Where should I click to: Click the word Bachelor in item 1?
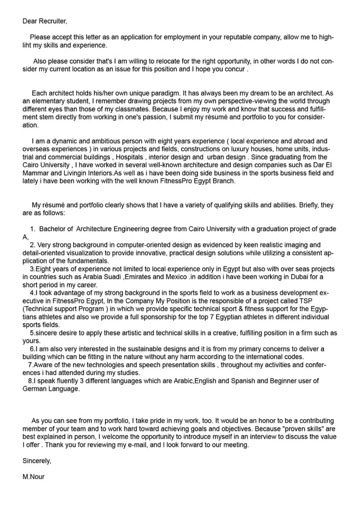pyautogui.click(x=56, y=229)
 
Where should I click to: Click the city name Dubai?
pyautogui.click(x=291, y=277)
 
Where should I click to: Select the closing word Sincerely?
pyautogui.click(x=37, y=461)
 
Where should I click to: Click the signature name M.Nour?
pyautogui.click(x=33, y=477)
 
